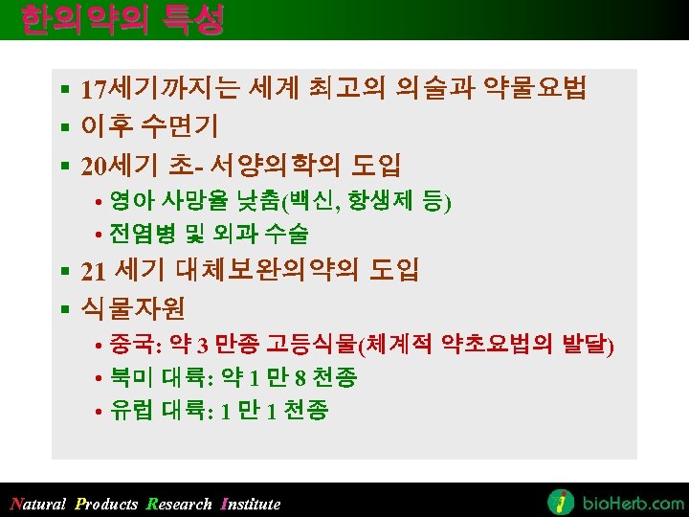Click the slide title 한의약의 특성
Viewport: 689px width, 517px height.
(122, 19)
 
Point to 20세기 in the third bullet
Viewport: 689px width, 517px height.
(119, 164)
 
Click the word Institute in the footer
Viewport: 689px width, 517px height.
(251, 504)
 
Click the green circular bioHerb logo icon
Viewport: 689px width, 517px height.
(561, 502)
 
